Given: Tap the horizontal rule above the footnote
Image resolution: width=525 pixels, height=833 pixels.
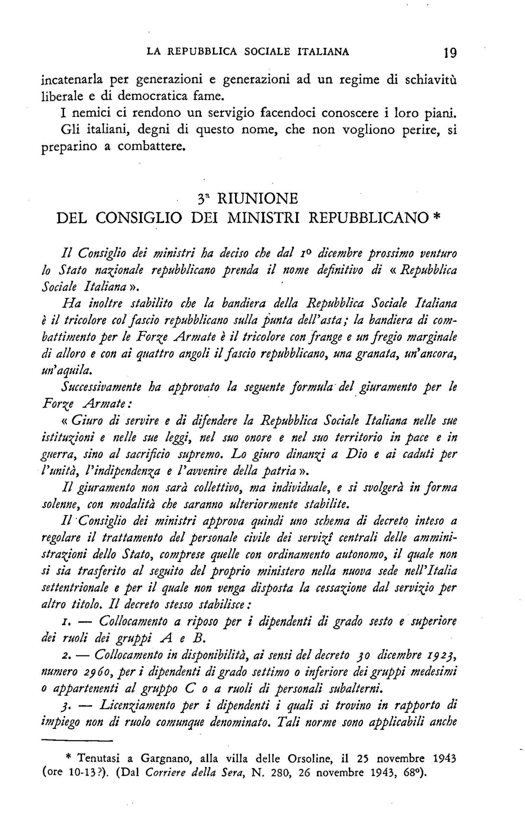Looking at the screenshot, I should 77,741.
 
